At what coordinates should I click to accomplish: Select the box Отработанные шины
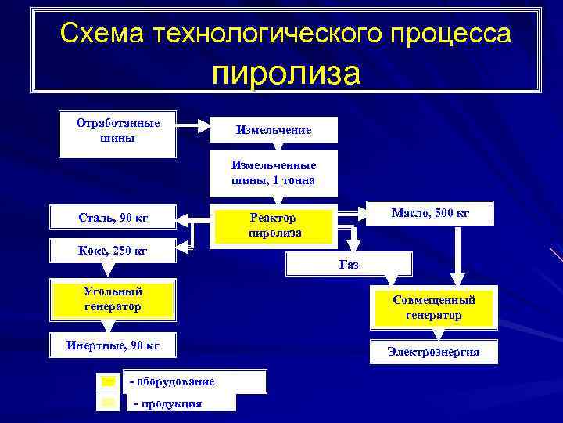click(x=118, y=131)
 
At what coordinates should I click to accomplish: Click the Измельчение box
click(x=274, y=130)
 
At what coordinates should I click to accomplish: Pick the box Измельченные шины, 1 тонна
click(x=274, y=172)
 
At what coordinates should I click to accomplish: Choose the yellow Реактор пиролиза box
click(x=274, y=226)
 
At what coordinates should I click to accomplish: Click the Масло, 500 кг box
click(x=430, y=213)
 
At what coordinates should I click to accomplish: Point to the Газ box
click(x=349, y=265)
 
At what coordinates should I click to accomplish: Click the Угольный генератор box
click(x=113, y=299)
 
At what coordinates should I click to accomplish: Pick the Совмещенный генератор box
click(x=433, y=308)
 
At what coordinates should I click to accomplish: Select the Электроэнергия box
click(x=433, y=352)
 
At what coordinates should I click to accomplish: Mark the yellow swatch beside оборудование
click(x=108, y=381)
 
